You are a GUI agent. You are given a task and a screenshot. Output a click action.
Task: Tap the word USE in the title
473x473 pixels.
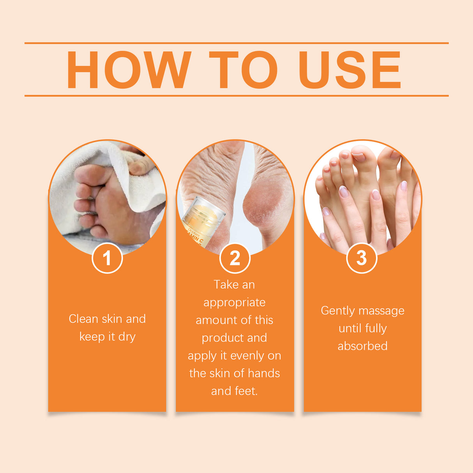(349, 70)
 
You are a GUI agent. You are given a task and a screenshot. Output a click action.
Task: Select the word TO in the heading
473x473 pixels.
(244, 70)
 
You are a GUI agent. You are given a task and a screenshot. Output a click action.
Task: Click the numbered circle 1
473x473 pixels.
(107, 258)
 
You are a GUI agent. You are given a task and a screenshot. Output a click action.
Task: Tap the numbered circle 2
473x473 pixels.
(235, 258)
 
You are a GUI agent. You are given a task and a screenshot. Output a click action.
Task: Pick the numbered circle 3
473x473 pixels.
(362, 258)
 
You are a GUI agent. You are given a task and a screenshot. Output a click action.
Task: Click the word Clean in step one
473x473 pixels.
(83, 319)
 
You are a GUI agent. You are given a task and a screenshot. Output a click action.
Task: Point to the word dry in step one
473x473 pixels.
(127, 337)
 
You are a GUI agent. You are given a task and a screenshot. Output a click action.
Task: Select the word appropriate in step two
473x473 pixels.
(235, 303)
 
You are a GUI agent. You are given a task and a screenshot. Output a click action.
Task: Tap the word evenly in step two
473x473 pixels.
(247, 356)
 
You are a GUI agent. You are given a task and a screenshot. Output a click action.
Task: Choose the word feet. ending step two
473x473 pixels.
(246, 391)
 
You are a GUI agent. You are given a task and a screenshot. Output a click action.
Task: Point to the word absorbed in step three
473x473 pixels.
(362, 346)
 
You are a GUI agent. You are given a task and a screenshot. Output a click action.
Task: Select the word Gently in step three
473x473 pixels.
(338, 311)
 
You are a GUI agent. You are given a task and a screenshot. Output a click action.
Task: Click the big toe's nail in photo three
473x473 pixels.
(359, 157)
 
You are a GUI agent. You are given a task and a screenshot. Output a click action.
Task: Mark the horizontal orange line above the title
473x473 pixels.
(236, 43)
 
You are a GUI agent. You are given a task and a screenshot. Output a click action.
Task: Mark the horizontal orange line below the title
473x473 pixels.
(236, 95)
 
